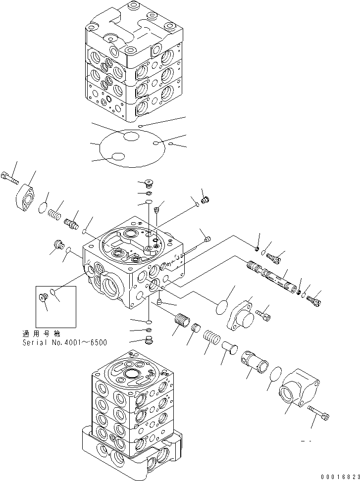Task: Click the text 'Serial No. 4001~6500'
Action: [64, 342]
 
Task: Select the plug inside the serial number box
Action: [43, 297]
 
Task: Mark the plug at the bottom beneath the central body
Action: [147, 341]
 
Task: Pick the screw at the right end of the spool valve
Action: [314, 299]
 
